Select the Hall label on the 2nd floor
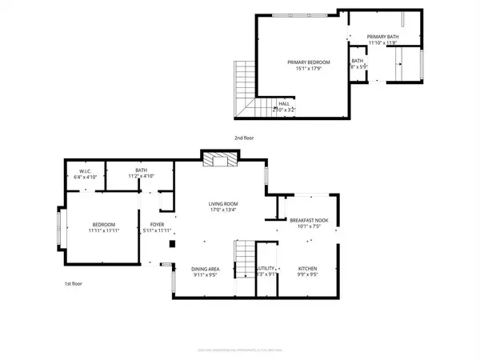pos(284,103)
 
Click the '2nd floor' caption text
pos(243,138)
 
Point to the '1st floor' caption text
pos(74,283)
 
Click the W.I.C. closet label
pos(83,170)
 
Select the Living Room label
pos(223,204)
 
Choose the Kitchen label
pos(308,268)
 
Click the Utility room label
pos(266,268)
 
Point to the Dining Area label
pos(206,268)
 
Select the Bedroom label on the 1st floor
pos(104,225)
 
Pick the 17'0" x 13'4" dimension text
pos(223,211)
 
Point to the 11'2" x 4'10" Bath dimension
pos(141,176)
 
